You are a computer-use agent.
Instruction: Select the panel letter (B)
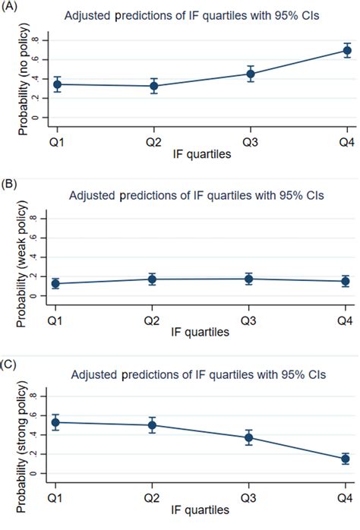pos(10,183)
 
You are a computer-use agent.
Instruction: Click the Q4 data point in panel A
pos(347,51)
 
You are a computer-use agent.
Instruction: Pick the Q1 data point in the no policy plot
pos(52,84)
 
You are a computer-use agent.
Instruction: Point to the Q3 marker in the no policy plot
pos(249,74)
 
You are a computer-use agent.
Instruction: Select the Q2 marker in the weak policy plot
pos(151,279)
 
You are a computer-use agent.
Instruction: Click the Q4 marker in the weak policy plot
pos(347,281)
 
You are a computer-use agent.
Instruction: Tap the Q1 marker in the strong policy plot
pos(52,422)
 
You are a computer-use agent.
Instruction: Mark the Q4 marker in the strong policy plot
pos(347,459)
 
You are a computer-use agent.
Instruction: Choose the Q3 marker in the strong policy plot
pos(249,437)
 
